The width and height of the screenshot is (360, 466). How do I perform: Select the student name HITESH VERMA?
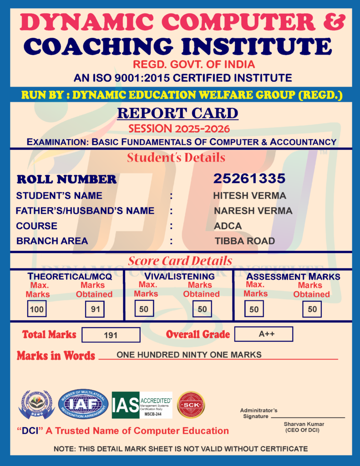(x=249, y=196)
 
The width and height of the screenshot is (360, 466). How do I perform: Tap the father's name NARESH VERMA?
(x=253, y=211)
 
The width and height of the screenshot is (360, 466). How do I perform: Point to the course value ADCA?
(x=228, y=226)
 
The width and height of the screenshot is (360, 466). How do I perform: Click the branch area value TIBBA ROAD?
(x=245, y=241)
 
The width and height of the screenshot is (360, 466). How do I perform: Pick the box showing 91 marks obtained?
(x=95, y=309)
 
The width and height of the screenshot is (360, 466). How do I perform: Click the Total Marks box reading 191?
(x=111, y=335)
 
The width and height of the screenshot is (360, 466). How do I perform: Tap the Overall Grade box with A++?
(x=264, y=334)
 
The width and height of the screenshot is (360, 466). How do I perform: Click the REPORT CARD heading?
(x=177, y=113)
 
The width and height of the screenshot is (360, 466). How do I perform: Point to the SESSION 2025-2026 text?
(x=179, y=128)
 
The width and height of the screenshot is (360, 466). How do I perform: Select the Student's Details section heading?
(x=176, y=158)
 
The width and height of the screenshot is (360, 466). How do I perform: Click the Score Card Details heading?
(x=180, y=261)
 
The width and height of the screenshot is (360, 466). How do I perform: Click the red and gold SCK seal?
(x=191, y=405)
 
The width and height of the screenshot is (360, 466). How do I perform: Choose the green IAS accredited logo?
(x=142, y=405)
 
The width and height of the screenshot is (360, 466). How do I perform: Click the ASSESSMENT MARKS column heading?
(x=293, y=276)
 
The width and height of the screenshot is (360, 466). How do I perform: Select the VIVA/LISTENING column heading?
(x=179, y=276)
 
